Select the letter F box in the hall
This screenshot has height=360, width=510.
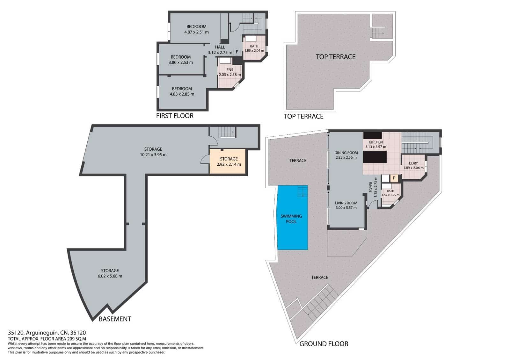coord(237,52)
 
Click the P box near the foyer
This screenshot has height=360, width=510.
coord(394,178)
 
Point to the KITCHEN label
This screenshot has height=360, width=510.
coord(375,142)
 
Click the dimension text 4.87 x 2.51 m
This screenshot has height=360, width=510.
coord(196,32)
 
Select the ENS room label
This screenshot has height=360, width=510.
coord(230,70)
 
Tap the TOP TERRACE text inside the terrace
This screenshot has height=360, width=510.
coord(335,57)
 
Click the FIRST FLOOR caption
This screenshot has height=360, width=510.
coord(175,116)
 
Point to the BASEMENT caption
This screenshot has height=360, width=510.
coord(115,319)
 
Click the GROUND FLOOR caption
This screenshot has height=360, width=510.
coord(324,344)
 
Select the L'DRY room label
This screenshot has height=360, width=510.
coord(413,163)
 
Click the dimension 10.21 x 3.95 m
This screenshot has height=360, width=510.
coord(153,155)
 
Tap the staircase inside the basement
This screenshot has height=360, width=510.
coord(227,132)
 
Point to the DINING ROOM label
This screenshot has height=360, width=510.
coord(346,153)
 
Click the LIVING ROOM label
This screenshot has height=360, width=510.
coord(346,203)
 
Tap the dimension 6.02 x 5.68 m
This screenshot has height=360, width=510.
coord(110,276)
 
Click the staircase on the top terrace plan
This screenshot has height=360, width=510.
coord(379,33)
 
